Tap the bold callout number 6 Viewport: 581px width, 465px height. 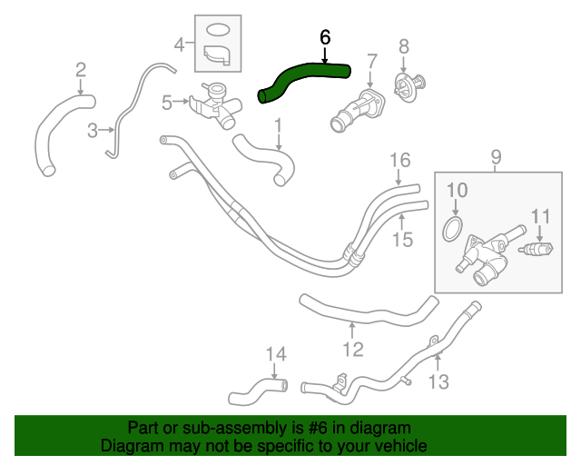tap(325, 37)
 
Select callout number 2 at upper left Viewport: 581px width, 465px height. tap(81, 70)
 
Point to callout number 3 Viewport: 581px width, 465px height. tap(93, 132)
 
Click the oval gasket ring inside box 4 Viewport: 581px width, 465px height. tap(218, 29)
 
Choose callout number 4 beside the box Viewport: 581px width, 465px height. tap(180, 43)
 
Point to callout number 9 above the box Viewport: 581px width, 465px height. tap(497, 159)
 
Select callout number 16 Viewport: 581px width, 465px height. tap(400, 162)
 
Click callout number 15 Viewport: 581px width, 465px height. tap(402, 239)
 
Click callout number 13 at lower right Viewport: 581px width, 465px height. tap(438, 381)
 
